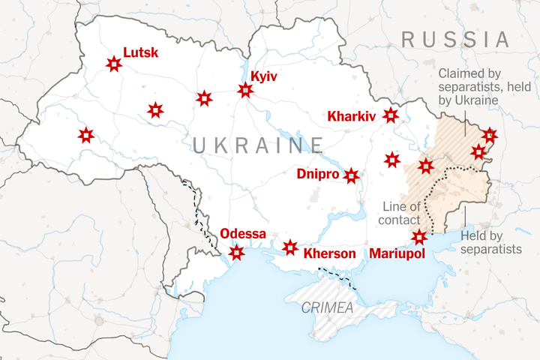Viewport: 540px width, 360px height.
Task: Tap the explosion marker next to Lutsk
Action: pyautogui.click(x=113, y=64)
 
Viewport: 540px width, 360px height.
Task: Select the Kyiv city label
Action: pyautogui.click(x=265, y=76)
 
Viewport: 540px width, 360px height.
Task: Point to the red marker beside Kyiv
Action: pyautogui.click(x=245, y=91)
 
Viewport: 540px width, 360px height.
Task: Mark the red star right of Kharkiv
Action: pyautogui.click(x=391, y=115)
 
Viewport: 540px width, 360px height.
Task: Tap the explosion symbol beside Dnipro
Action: pyautogui.click(x=351, y=176)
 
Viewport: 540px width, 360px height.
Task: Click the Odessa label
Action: pyautogui.click(x=243, y=235)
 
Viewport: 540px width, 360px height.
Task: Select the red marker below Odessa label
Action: pyautogui.click(x=236, y=253)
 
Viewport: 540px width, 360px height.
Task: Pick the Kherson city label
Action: pyautogui.click(x=329, y=253)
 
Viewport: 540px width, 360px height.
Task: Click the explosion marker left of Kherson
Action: pyautogui.click(x=290, y=247)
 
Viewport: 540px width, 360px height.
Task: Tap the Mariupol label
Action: pyautogui.click(x=397, y=253)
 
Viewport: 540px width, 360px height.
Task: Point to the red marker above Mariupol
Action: pyautogui.click(x=419, y=238)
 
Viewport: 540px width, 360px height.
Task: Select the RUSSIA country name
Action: pyautogui.click(x=455, y=39)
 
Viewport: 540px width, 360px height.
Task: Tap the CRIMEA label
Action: pyautogui.click(x=327, y=307)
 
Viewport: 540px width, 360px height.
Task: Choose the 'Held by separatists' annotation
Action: pyautogui.click(x=491, y=241)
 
